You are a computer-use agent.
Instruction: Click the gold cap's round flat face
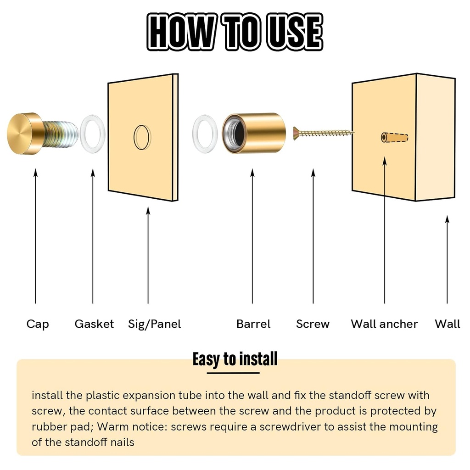(x=20, y=134)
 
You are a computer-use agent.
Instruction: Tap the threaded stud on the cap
(x=60, y=134)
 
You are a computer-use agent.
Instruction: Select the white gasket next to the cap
(x=92, y=134)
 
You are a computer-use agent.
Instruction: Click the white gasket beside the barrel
(x=205, y=134)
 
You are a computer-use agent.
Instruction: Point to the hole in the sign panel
(x=142, y=137)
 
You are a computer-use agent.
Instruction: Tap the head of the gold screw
(x=296, y=134)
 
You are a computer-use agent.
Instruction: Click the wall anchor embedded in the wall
(x=394, y=137)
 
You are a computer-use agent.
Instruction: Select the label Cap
(x=38, y=324)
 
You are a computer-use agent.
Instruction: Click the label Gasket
(x=94, y=324)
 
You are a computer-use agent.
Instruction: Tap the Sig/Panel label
(x=155, y=324)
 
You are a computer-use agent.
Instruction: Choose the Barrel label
(x=253, y=324)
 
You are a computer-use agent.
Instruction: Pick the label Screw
(x=313, y=324)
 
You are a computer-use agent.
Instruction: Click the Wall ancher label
(x=384, y=324)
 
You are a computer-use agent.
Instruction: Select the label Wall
(x=447, y=324)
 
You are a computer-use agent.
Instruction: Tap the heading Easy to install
(x=235, y=359)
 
